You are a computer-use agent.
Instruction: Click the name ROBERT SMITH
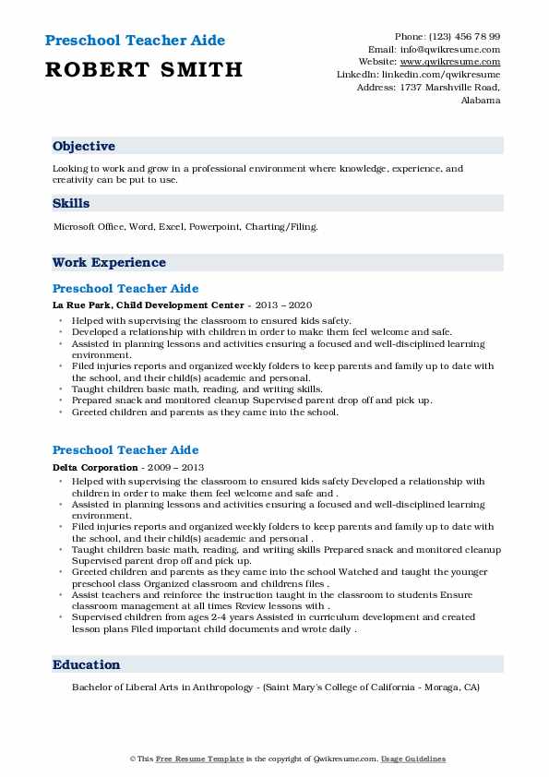pyautogui.click(x=142, y=69)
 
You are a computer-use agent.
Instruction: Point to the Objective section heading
pyautogui.click(x=84, y=147)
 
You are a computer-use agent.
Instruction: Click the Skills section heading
pyautogui.click(x=71, y=203)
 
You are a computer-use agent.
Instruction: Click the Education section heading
pyautogui.click(x=87, y=664)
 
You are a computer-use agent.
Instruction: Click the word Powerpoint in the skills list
pyautogui.click(x=214, y=226)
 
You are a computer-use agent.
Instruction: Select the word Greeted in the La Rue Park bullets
pyautogui.click(x=90, y=412)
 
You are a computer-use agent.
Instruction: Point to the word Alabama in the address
pyautogui.click(x=480, y=100)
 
